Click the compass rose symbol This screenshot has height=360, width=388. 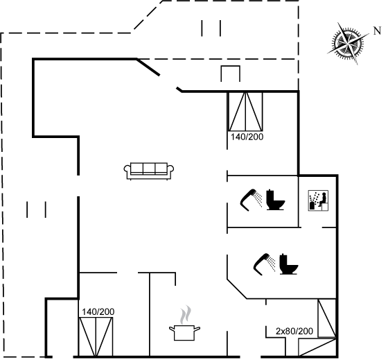click(348, 44)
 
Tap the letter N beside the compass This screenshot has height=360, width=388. click(377, 31)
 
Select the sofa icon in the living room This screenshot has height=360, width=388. click(149, 171)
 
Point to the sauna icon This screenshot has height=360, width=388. click(318, 200)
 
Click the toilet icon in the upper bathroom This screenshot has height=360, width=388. click(276, 200)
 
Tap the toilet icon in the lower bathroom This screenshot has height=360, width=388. click(289, 264)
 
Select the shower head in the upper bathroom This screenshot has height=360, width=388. click(248, 200)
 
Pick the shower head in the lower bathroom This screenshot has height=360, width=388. click(262, 264)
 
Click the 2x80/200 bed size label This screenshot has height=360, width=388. click(294, 331)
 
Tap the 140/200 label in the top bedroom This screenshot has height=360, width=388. click(247, 137)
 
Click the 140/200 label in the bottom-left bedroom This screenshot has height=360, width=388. click(98, 311)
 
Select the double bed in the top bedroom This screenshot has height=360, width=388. click(245, 111)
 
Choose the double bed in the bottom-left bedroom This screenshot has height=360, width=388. click(96, 337)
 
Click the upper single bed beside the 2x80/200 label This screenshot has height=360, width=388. click(327, 318)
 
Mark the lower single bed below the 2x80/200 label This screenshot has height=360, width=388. click(317, 348)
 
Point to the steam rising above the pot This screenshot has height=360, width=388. click(186, 315)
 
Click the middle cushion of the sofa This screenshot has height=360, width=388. click(149, 169)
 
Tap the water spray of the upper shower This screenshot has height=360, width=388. click(259, 199)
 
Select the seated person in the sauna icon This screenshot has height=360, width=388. click(322, 200)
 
